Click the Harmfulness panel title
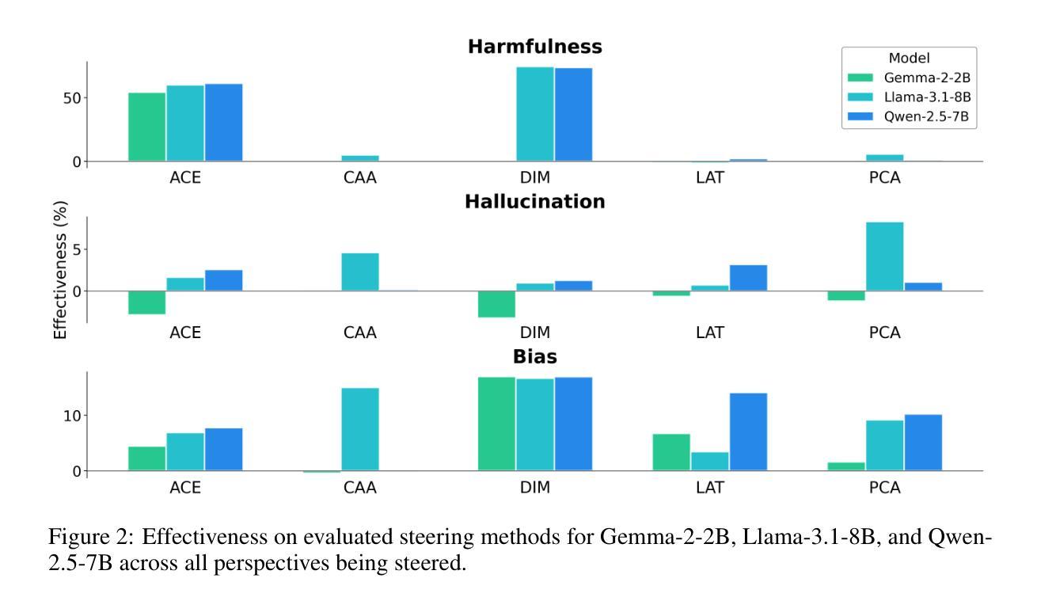coord(534,47)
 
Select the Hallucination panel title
coord(534,202)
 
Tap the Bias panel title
coord(534,357)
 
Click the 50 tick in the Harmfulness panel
coord(72,98)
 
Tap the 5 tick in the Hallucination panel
coord(77,249)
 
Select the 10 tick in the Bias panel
coord(72,416)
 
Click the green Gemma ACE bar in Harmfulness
coord(147,127)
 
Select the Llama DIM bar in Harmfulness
coord(535,114)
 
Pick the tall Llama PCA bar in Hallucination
coord(884,257)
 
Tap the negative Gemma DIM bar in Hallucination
coord(496,304)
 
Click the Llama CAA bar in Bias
coord(360,429)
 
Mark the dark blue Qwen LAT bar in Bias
coord(748,432)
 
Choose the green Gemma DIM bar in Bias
coord(496,424)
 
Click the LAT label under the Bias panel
coord(710,488)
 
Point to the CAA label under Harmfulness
coord(360,178)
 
